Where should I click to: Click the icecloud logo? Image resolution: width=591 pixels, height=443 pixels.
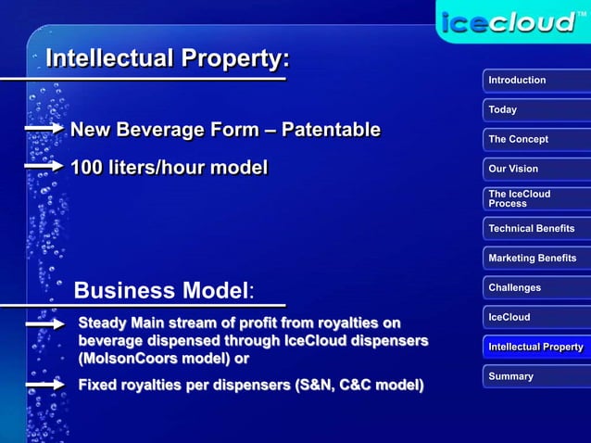(511, 21)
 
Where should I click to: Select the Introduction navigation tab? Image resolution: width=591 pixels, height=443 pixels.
(536, 81)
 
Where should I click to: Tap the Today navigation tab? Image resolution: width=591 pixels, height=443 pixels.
(536, 110)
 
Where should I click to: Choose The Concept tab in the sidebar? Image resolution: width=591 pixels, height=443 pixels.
(536, 140)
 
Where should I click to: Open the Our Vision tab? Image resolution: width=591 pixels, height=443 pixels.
(536, 170)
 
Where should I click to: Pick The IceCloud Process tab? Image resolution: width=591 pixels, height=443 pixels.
(536, 198)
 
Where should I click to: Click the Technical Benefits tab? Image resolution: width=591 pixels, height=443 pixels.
(536, 228)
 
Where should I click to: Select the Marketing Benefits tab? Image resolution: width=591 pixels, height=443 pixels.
(536, 258)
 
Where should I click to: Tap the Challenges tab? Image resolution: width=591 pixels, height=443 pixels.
(536, 287)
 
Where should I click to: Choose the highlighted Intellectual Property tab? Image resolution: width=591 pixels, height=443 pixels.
(536, 347)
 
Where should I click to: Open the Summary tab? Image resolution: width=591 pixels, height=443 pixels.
(536, 376)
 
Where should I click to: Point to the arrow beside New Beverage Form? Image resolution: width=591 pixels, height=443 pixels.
(43, 128)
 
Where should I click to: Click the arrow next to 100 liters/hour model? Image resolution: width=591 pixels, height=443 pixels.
(43, 168)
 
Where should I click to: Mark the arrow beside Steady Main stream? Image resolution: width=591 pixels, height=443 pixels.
(43, 324)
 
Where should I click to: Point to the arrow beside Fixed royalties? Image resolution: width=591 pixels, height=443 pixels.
(43, 383)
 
